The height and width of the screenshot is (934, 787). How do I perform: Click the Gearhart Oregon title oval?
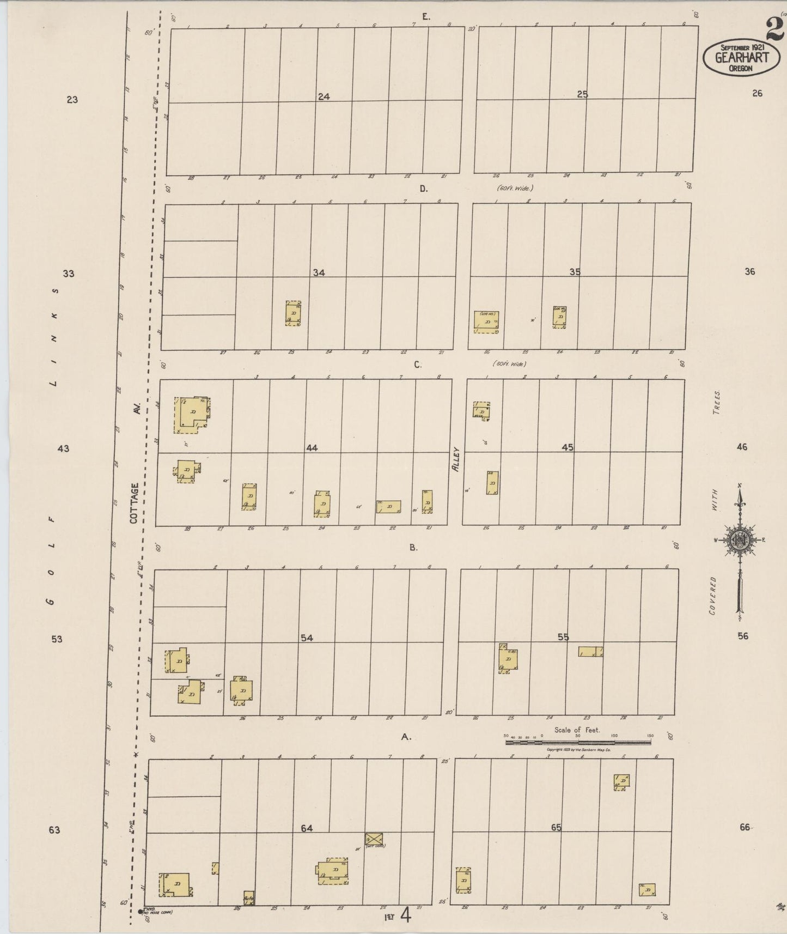pos(741,57)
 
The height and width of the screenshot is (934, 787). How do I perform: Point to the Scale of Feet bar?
pos(578,741)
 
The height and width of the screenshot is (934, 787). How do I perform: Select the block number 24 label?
pos(324,96)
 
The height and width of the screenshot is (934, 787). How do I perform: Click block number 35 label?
pos(575,272)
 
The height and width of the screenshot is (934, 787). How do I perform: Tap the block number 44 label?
pos(312,448)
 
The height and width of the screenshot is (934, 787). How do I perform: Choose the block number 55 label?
pos(563,636)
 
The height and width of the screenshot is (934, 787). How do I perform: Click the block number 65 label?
pos(556,827)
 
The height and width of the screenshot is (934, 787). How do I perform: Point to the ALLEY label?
pos(456,459)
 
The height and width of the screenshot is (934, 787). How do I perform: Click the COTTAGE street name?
pos(135,503)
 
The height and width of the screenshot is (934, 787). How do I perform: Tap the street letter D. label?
pos(424,189)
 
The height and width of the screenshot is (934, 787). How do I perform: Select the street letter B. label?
pos(414,547)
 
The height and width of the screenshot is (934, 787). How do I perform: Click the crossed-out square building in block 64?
pos(374,839)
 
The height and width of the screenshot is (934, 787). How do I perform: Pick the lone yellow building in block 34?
pos(293,313)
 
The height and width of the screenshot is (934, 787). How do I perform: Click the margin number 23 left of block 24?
pos(72,100)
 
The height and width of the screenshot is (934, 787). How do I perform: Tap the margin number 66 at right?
pos(745,827)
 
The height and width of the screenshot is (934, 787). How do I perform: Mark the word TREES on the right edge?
pos(717,403)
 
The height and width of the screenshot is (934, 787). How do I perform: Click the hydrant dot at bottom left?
pos(140,911)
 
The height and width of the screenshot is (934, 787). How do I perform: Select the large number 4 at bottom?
pos(405,915)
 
